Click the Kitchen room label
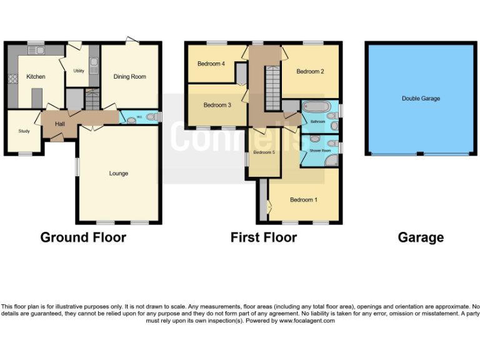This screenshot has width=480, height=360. tap(36, 77)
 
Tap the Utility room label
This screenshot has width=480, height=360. tap(79, 71)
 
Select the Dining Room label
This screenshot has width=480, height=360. tap(129, 77)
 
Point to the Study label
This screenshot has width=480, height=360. tap(24, 131)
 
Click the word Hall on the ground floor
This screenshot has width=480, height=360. tap(60, 124)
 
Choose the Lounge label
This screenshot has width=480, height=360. tap(118, 173)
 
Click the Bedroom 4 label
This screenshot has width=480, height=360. tap(211, 64)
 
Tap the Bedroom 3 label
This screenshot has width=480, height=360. tap(217, 105)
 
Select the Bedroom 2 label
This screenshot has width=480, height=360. tap(310, 71)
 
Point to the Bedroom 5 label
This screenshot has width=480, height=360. tap(264, 152)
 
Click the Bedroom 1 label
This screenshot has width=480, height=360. tap(303, 200)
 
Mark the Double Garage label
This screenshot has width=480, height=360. tap(421, 99)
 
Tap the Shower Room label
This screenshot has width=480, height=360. tap(315, 151)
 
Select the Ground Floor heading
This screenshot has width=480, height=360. tap(83, 237)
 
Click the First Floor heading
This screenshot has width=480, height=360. tap(263, 237)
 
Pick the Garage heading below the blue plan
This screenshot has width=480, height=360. tap(421, 237)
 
